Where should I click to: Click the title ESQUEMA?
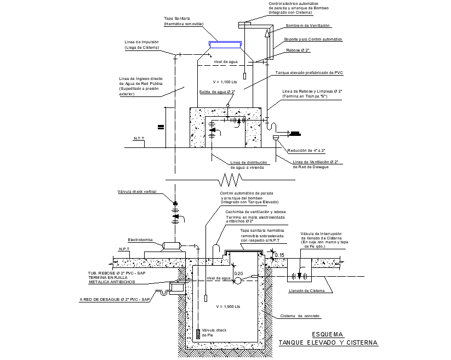point(327,334)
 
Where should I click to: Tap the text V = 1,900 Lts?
point(228,306)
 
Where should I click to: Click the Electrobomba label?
point(140,240)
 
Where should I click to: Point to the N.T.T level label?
point(139,139)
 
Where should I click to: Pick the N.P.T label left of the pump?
point(124,249)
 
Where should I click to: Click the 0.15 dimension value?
point(279,255)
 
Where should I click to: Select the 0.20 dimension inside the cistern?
point(238,273)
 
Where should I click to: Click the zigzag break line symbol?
point(231,179)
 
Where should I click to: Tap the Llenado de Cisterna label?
point(306,290)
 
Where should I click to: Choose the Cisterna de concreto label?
point(300,316)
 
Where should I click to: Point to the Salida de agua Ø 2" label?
point(217,92)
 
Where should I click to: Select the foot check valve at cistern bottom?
point(198,333)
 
